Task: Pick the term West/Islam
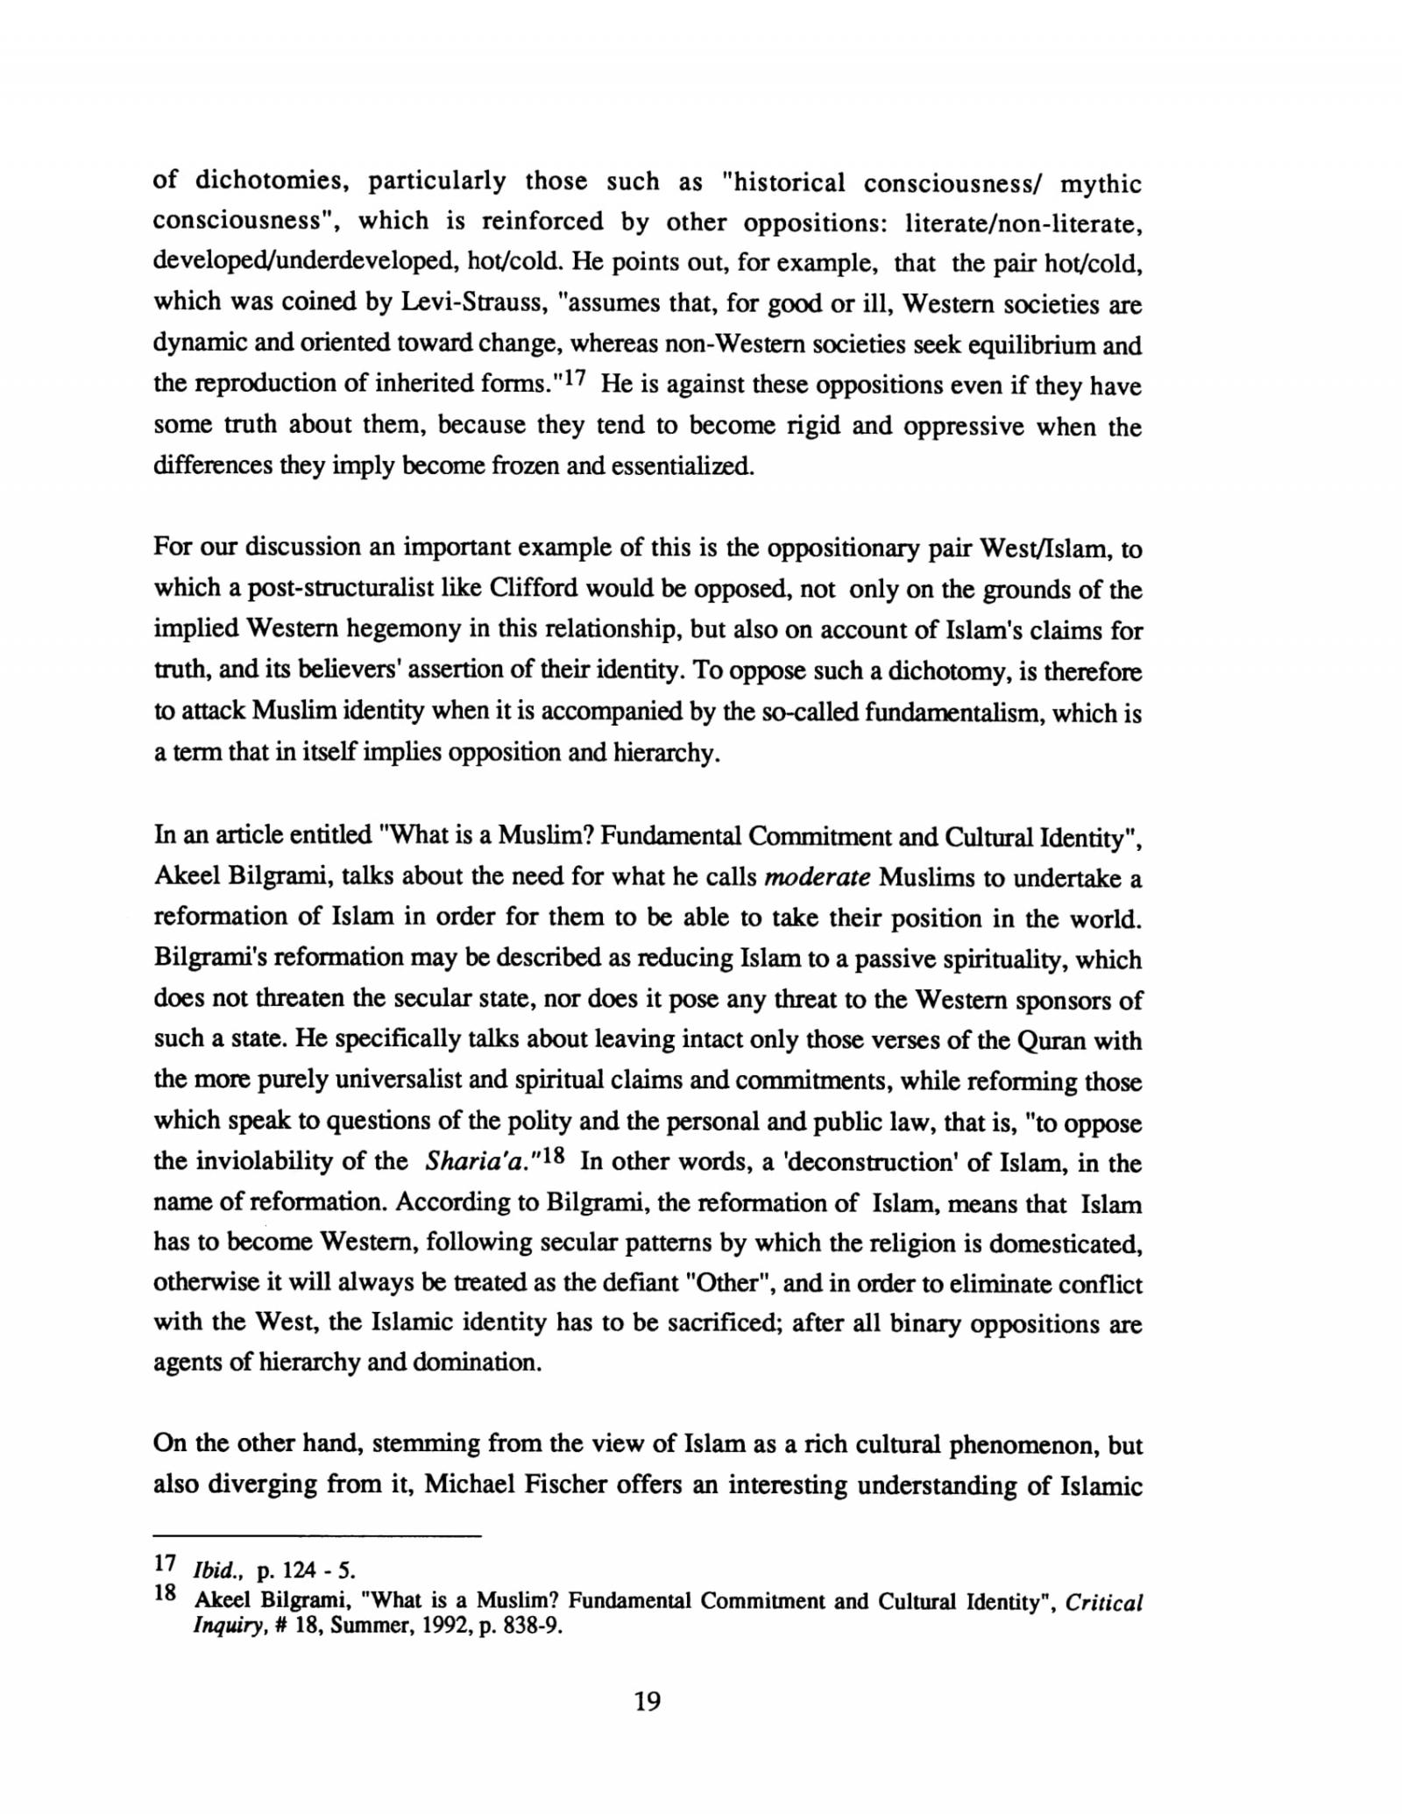point(1045,548)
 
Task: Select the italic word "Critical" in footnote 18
point(1104,1603)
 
